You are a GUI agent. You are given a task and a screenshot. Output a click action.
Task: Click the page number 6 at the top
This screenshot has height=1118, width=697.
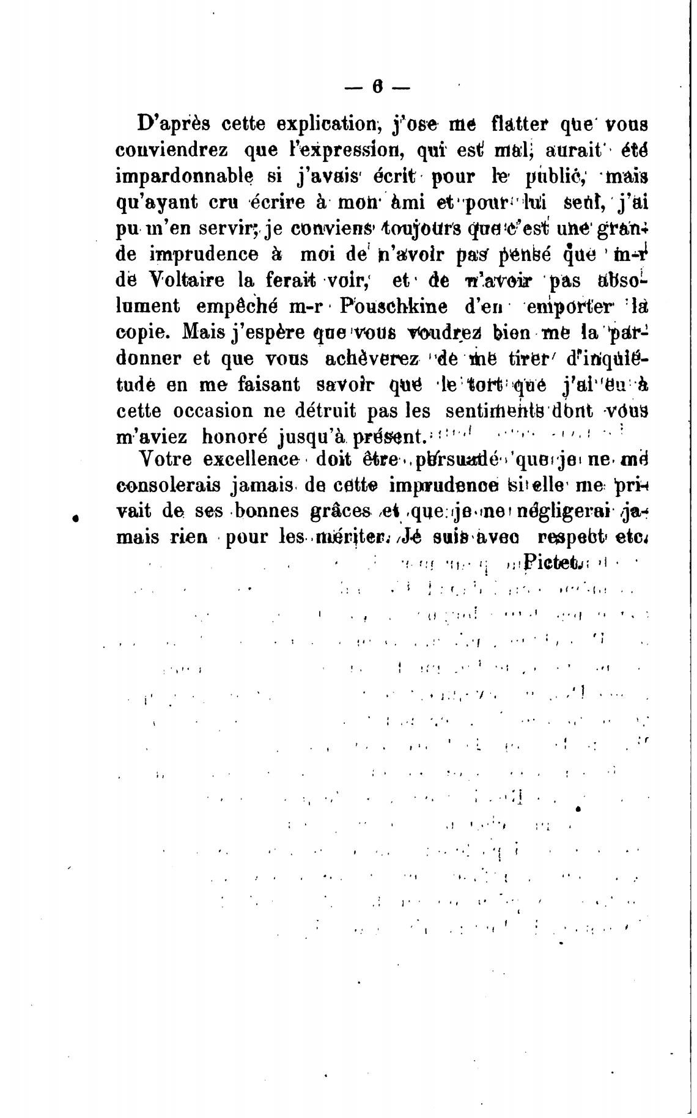(x=377, y=87)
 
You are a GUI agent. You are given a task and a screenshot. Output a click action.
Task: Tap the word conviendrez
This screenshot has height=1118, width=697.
(x=172, y=150)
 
